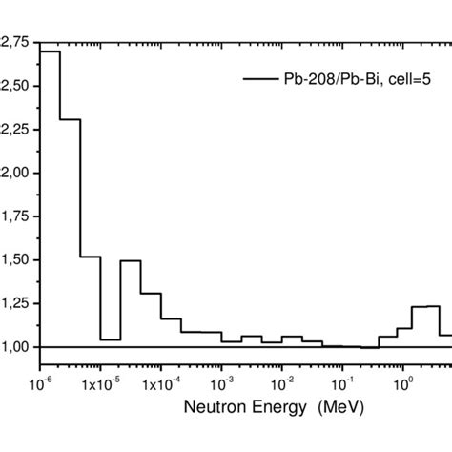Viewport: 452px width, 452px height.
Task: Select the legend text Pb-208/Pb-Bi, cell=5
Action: pyautogui.click(x=349, y=80)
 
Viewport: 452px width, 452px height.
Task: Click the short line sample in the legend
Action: pyautogui.click(x=259, y=80)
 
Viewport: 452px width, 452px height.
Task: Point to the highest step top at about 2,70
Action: pyautogui.click(x=50, y=51)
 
